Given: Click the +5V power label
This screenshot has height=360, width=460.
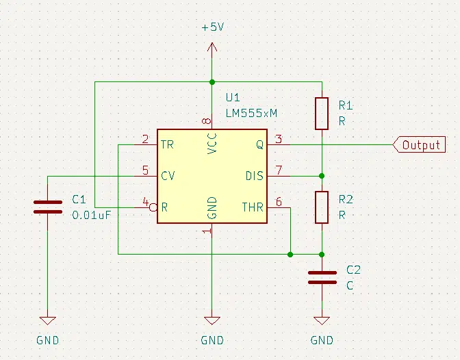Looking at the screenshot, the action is [213, 27].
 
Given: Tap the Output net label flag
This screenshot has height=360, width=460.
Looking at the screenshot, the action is [419, 144].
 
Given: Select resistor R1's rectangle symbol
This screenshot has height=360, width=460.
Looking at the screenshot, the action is [322, 114].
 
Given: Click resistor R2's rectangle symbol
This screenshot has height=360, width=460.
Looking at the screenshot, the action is [322, 207].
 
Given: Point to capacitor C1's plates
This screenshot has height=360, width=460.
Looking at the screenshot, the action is [48, 207].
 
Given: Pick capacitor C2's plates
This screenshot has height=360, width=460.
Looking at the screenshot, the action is [322, 278].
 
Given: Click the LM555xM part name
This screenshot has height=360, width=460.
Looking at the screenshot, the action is [251, 113].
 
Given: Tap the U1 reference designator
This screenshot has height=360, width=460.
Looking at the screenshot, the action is [233, 97].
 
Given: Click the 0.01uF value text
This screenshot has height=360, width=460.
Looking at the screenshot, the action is [92, 216].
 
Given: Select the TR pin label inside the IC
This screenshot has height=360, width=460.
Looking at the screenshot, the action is [167, 144].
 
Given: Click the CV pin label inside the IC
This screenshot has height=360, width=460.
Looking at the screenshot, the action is [168, 176].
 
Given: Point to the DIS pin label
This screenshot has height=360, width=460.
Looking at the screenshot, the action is [255, 176].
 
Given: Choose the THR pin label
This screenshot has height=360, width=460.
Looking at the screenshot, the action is [253, 207].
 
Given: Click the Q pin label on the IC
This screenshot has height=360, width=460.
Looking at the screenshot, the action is [260, 144].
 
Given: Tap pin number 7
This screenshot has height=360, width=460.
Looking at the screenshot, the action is [279, 170].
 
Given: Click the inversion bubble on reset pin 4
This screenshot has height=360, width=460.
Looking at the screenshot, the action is [153, 208].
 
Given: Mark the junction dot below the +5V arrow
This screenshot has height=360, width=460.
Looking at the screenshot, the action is [212, 82].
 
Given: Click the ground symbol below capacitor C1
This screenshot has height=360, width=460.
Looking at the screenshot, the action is [47, 320].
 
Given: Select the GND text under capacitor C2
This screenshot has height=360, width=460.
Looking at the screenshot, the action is [322, 340].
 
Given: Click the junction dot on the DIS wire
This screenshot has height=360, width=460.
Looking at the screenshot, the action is [322, 176].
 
